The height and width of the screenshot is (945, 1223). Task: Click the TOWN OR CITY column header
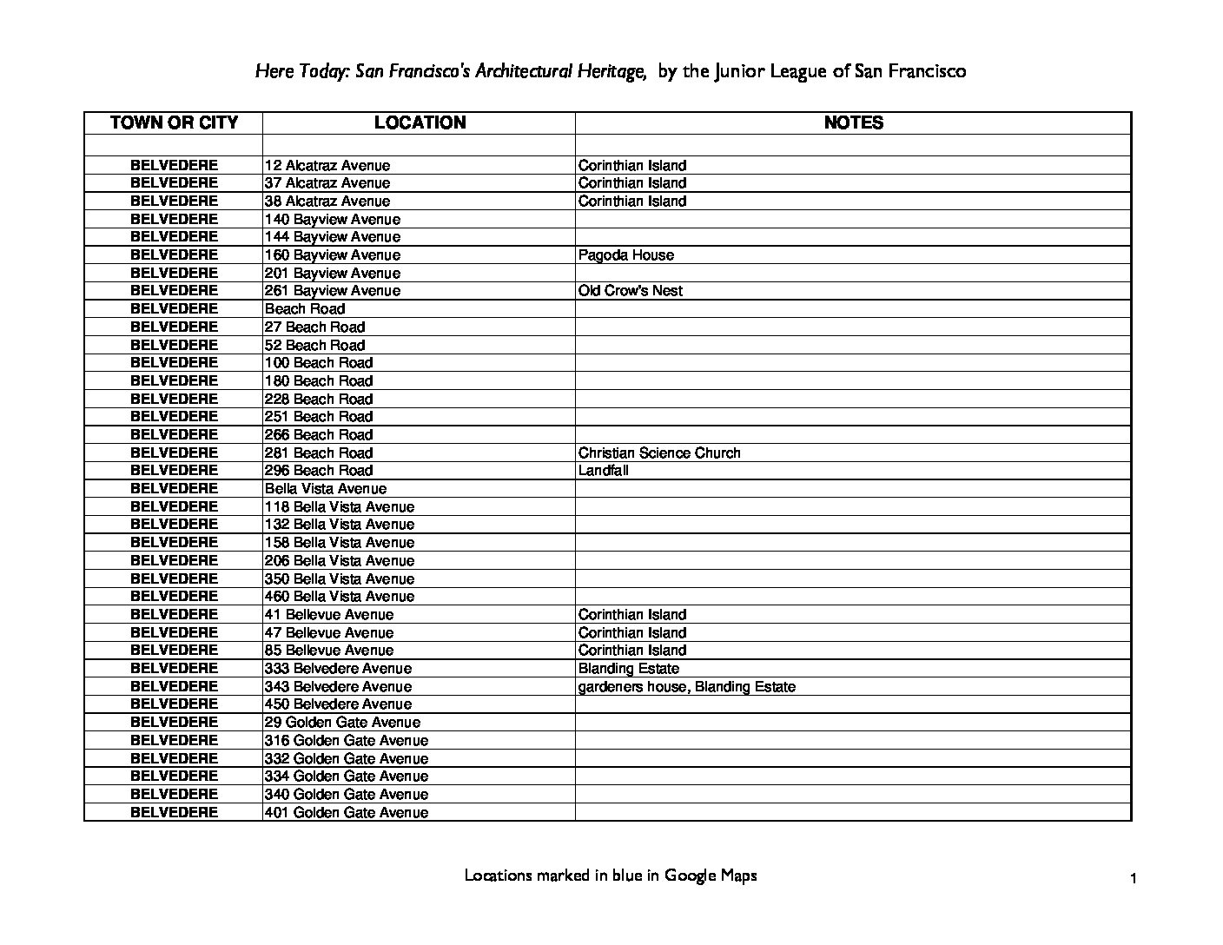click(x=174, y=122)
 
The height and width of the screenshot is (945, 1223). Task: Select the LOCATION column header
click(x=420, y=122)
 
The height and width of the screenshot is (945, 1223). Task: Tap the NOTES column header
click(x=853, y=122)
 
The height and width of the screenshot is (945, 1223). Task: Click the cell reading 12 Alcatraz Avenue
click(x=327, y=165)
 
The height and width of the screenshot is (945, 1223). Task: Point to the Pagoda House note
click(x=625, y=255)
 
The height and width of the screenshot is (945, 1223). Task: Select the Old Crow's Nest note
click(x=630, y=291)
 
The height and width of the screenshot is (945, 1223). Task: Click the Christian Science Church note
click(x=659, y=453)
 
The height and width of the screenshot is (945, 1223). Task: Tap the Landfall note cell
click(x=604, y=471)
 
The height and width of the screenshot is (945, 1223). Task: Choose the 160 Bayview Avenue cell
click(x=333, y=255)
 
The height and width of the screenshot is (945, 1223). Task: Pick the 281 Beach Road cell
click(x=319, y=453)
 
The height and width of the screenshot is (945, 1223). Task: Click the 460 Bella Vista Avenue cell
click(x=340, y=597)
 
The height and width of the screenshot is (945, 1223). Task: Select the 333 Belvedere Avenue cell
click(x=338, y=669)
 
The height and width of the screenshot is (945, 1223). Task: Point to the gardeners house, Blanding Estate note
click(x=686, y=687)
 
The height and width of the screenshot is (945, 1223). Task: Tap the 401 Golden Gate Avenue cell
click(x=347, y=813)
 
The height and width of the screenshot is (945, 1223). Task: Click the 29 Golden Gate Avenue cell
click(x=342, y=723)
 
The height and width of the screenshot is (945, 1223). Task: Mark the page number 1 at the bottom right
click(x=1134, y=879)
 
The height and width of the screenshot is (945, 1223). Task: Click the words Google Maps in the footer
click(x=711, y=876)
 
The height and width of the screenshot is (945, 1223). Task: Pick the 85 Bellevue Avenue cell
click(x=329, y=651)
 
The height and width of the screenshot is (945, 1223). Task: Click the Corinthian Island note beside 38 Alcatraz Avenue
click(x=632, y=202)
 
